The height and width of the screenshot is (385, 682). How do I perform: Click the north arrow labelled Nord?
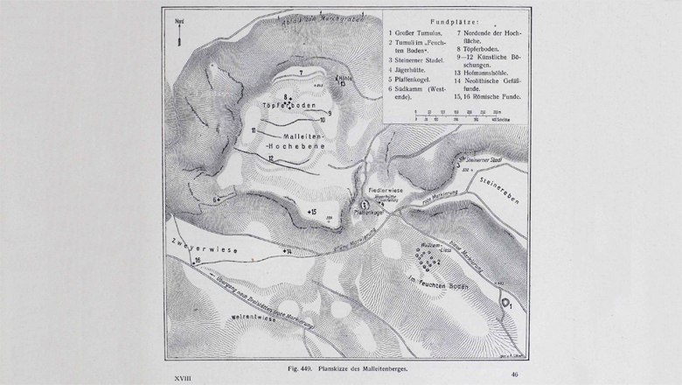[177, 35]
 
